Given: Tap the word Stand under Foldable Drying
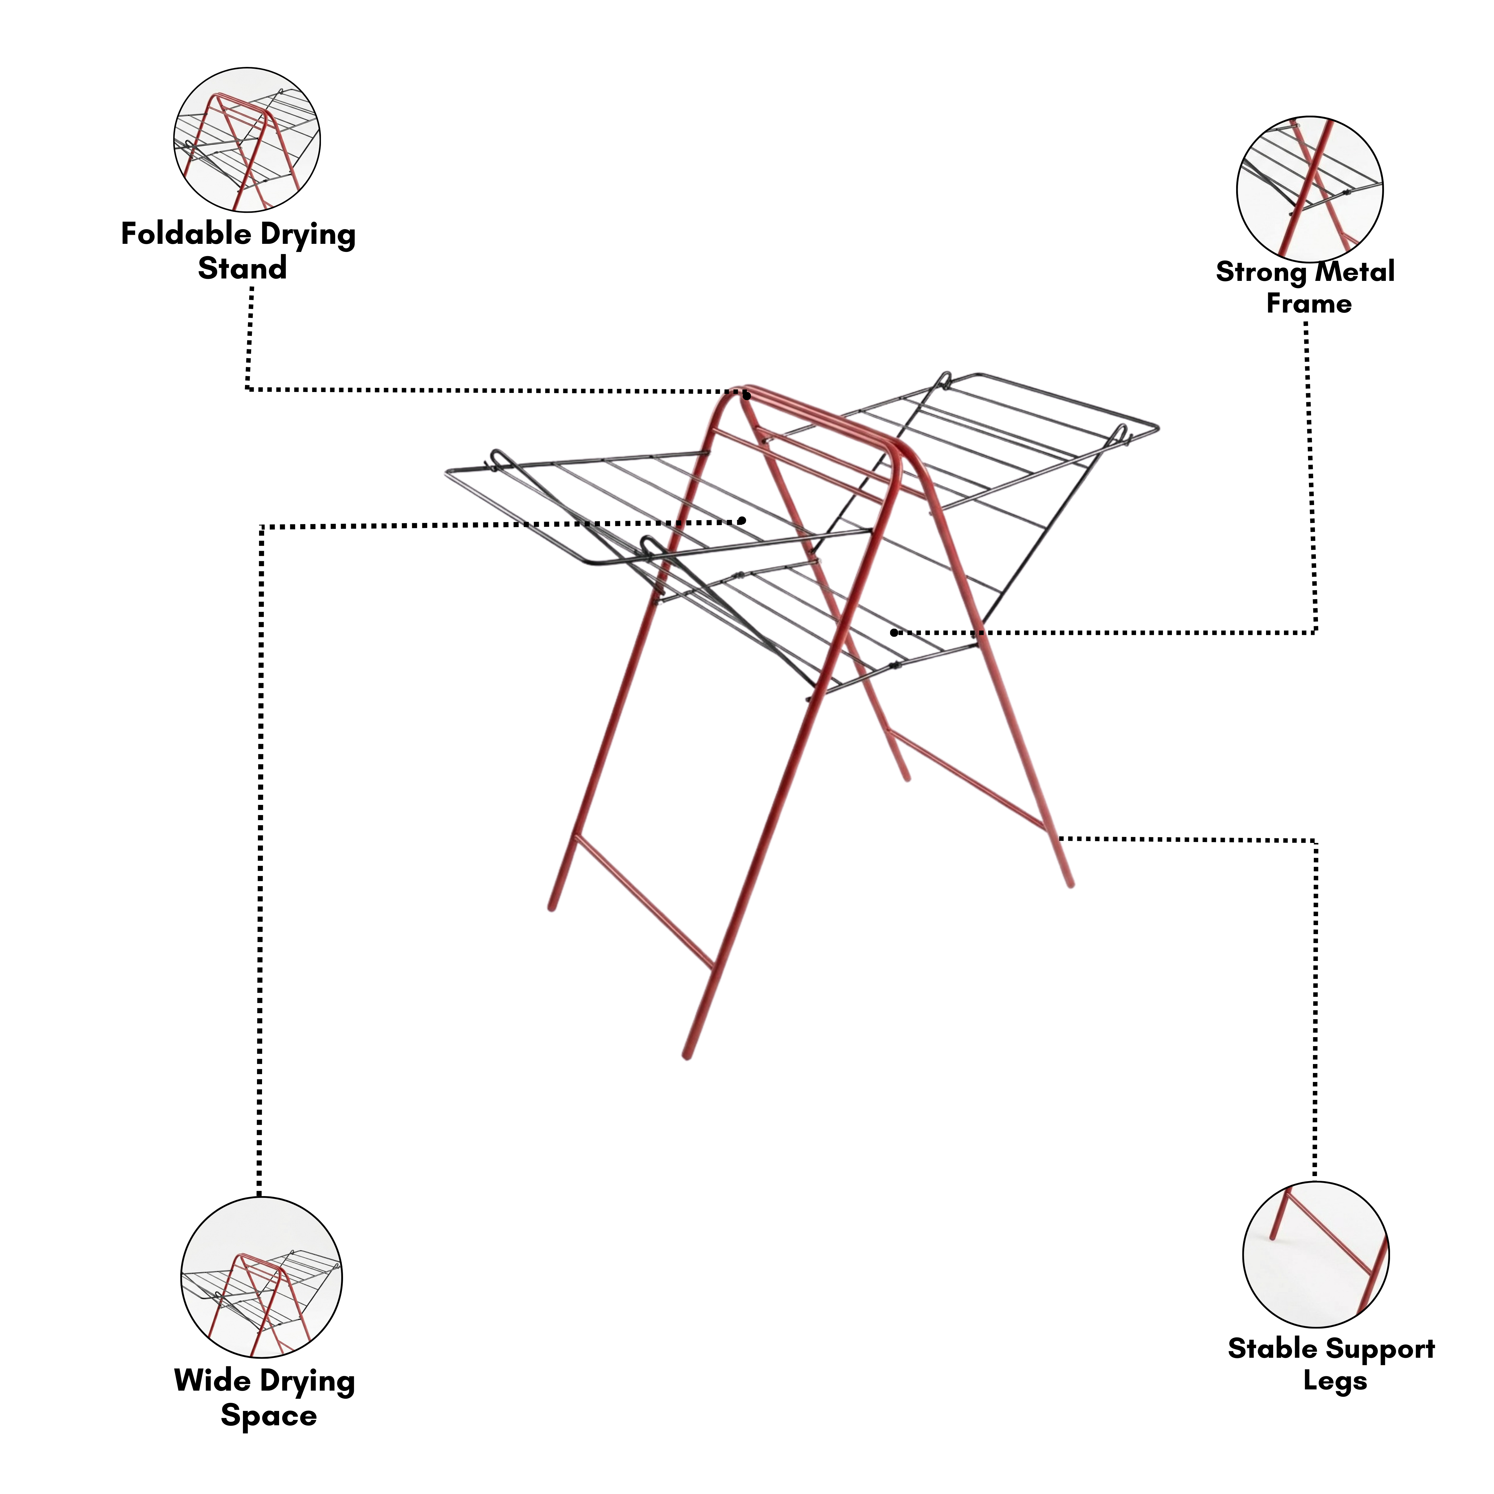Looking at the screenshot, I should (242, 268).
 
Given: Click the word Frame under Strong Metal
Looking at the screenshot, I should (1308, 303).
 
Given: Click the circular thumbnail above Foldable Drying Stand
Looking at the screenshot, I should (247, 140).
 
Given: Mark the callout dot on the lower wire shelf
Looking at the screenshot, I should (894, 633).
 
